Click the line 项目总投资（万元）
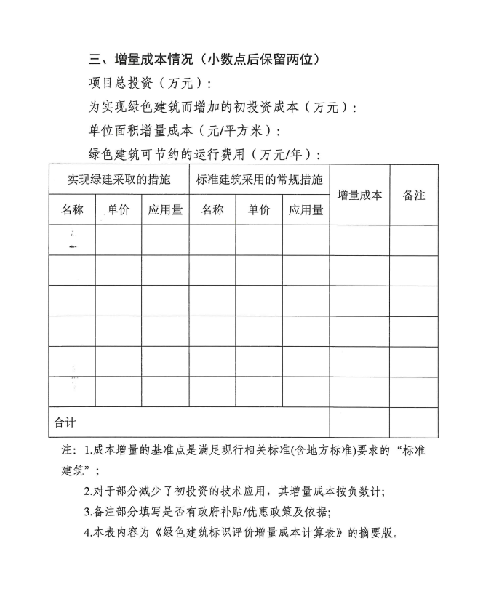[x=149, y=84]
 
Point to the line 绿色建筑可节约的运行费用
[x=204, y=154]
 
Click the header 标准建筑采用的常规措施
[x=259, y=179]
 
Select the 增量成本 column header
[x=359, y=195]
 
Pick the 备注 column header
[x=414, y=195]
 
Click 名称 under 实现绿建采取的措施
[x=72, y=210]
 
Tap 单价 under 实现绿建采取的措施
[x=118, y=210]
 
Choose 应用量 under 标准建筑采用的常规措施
[x=306, y=210]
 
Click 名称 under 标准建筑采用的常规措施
[x=212, y=210]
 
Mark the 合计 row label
[x=65, y=422]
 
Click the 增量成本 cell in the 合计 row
[x=359, y=422]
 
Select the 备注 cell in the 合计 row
[x=414, y=422]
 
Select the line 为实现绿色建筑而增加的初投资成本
[x=223, y=107]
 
